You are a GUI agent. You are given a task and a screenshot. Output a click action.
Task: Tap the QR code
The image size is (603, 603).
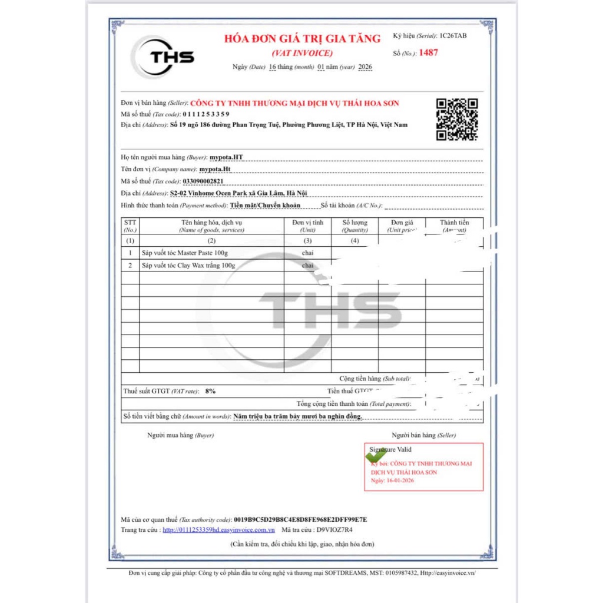456,120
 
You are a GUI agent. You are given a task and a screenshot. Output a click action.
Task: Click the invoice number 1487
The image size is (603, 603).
428,53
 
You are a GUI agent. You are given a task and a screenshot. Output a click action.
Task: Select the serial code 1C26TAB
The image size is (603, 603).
453,37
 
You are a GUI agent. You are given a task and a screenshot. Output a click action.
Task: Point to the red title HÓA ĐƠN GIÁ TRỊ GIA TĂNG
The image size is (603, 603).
302,39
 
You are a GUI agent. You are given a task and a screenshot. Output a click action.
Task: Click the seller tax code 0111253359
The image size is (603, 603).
206,114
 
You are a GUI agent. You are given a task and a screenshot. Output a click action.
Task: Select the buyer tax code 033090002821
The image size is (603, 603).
203,181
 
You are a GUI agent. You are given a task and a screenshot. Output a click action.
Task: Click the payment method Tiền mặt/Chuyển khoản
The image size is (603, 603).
265,206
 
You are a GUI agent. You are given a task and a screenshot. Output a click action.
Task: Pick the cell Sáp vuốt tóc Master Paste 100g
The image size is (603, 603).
184,253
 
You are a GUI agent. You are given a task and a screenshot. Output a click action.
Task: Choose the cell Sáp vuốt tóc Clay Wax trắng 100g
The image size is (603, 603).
188,266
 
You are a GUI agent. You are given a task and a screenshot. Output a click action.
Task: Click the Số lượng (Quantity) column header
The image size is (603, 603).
354,226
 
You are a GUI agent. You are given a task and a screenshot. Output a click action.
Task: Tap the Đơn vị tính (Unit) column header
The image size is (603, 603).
308,226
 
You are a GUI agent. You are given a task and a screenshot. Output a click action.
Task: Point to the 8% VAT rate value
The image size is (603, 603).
210,391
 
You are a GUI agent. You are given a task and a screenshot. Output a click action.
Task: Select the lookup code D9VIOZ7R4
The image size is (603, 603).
334,530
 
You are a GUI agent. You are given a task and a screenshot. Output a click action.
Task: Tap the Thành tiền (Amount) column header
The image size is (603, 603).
454,226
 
